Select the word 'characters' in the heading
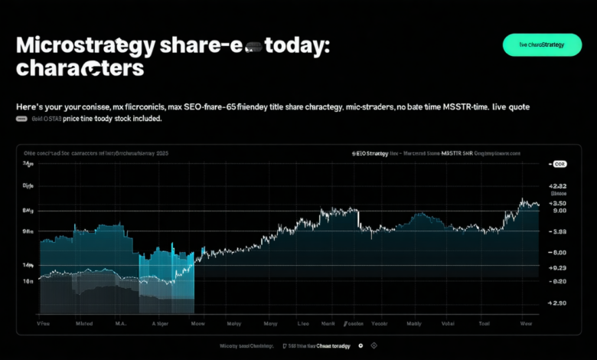coord(80,68)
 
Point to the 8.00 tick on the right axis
coord(557,253)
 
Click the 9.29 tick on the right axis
coord(557,268)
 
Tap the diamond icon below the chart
coord(373,346)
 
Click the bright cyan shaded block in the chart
coord(167,268)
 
